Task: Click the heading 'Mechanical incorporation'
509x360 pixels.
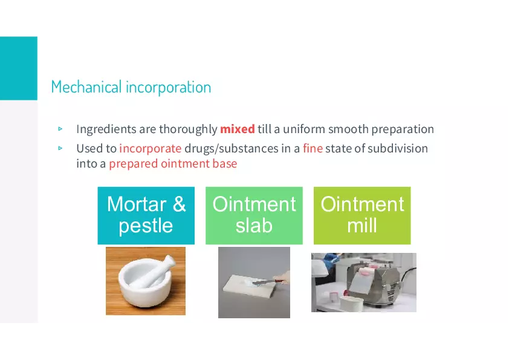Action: [131, 87]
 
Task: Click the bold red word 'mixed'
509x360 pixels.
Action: [238, 129]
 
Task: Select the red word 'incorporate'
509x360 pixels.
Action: [151, 149]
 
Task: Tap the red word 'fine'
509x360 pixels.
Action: [313, 148]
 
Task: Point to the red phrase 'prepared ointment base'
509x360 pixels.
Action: [173, 163]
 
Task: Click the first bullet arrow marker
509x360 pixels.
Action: [60, 129]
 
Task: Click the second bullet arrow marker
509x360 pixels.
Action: [60, 148]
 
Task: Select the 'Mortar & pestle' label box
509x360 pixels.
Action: [146, 215]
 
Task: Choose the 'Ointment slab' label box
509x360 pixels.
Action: [254, 215]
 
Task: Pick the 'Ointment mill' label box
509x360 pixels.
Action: [362, 215]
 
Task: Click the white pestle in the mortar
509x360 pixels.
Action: [156, 272]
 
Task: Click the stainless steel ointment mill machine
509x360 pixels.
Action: [374, 283]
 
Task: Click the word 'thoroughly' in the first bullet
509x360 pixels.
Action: [188, 129]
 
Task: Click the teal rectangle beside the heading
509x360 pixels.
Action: [19, 68]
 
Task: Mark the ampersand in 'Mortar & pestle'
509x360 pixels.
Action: [179, 205]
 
